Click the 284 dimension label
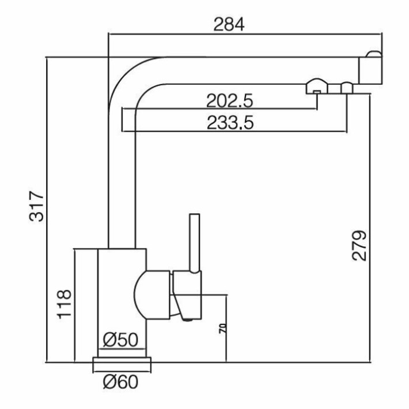pyautogui.click(x=229, y=25)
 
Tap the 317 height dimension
pyautogui.click(x=36, y=206)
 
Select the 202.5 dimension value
pyautogui.click(x=229, y=101)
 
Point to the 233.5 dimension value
pyautogui.click(x=230, y=123)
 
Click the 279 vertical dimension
pyautogui.click(x=359, y=245)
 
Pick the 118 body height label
pyautogui.click(x=64, y=304)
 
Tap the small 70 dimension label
pyautogui.click(x=223, y=329)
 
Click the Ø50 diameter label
pyautogui.click(x=120, y=340)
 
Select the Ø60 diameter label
pyautogui.click(x=120, y=383)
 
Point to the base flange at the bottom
pyautogui.click(x=122, y=364)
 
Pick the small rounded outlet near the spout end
pyautogui.click(x=347, y=88)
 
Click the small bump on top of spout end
pyautogui.click(x=374, y=54)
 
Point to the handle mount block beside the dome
pyautogui.click(x=187, y=295)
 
